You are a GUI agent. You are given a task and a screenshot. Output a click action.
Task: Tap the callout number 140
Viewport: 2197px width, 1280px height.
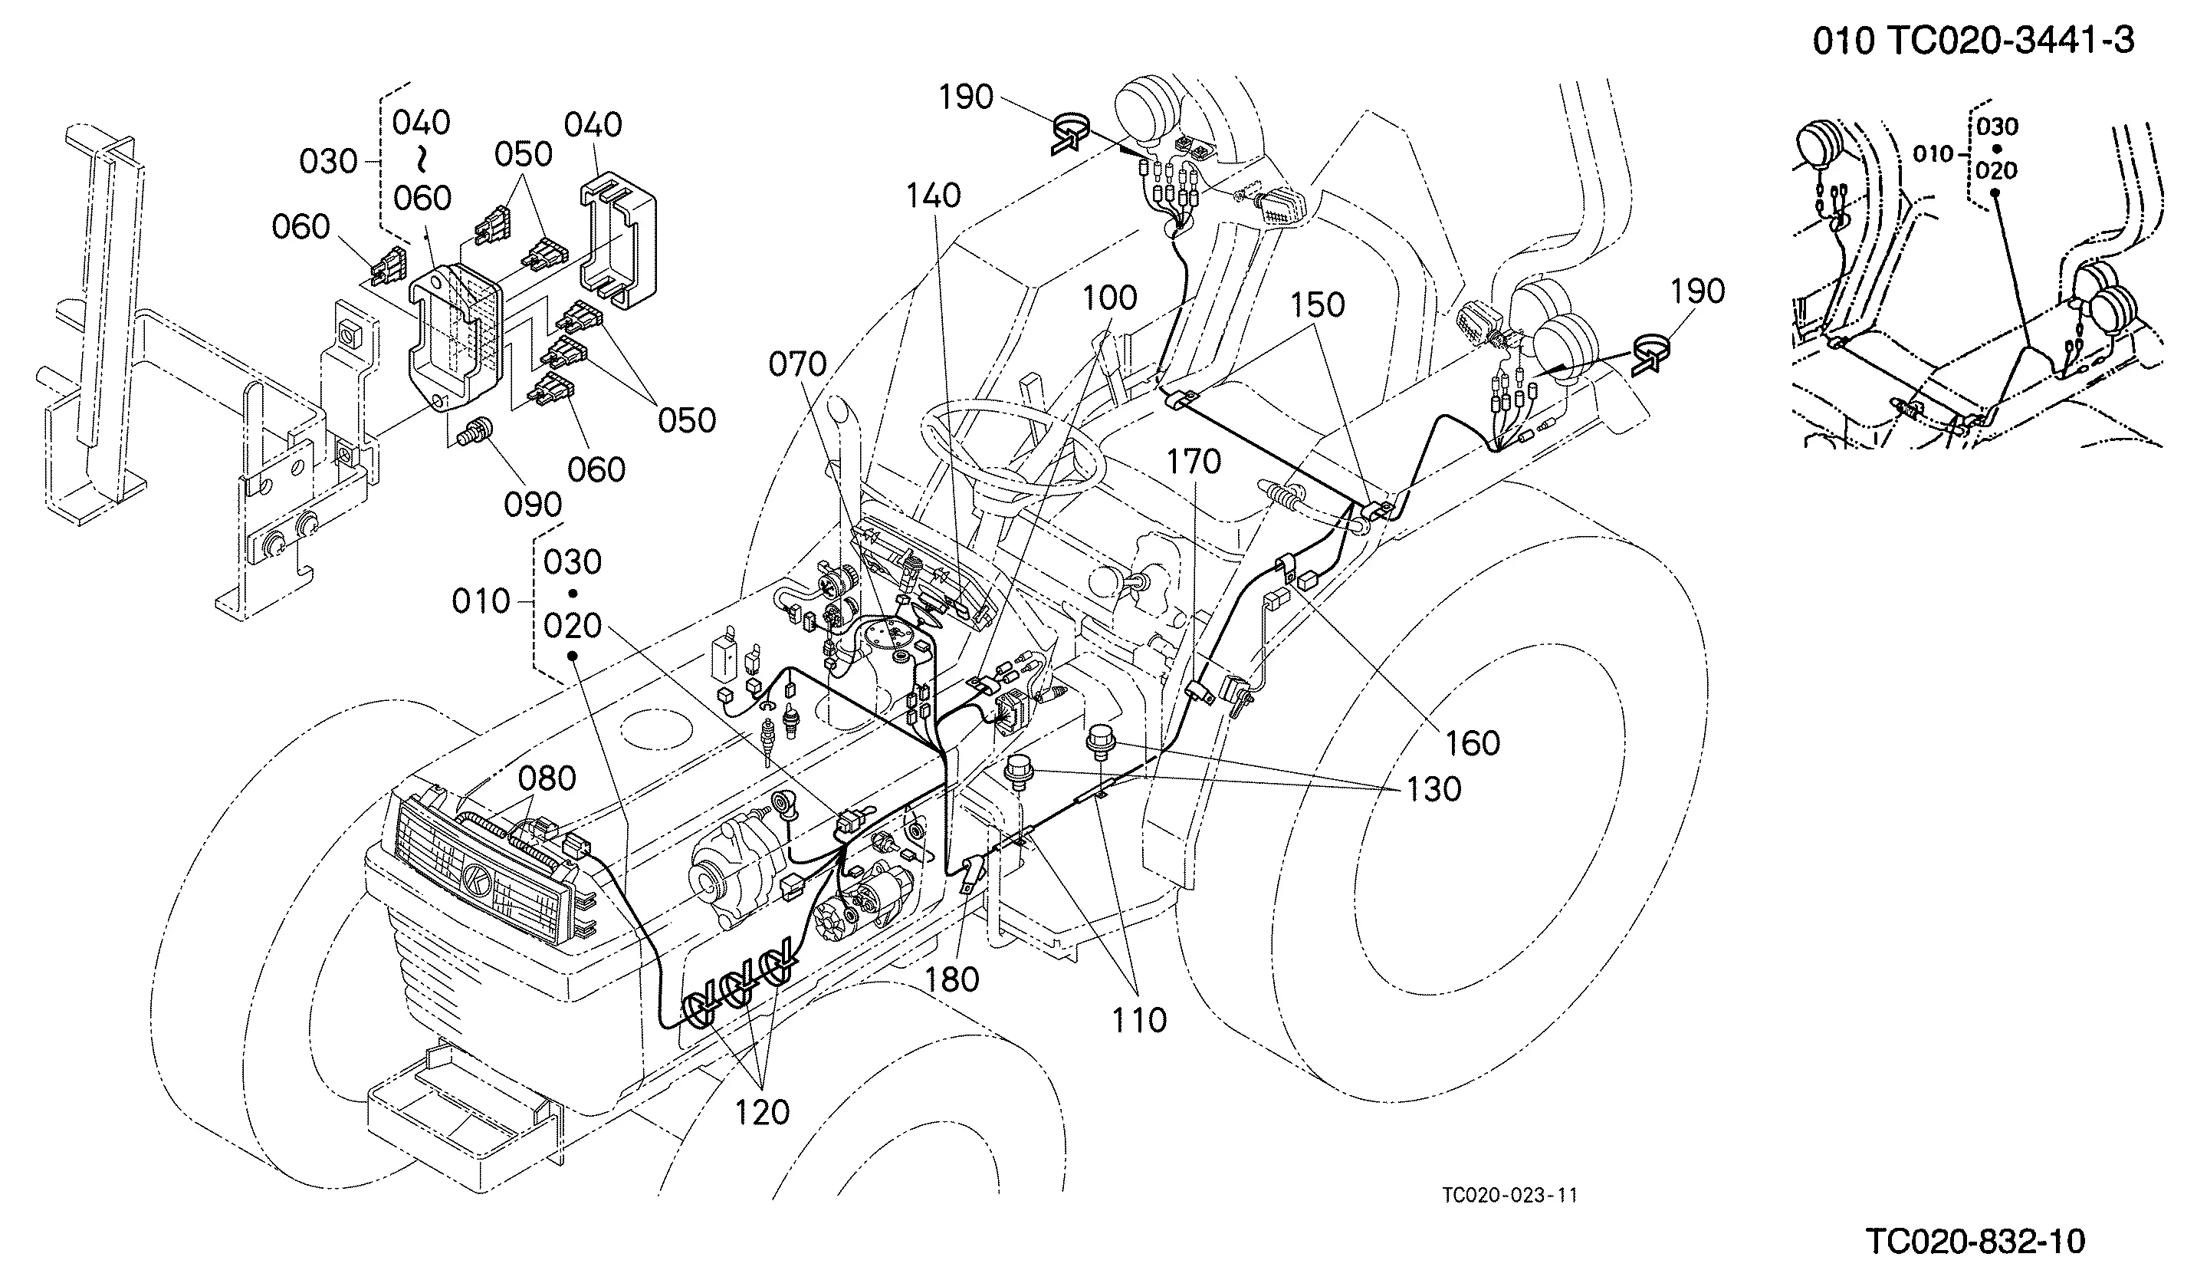tap(933, 196)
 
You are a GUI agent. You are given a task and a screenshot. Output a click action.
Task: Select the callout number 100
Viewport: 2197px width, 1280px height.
tap(1110, 298)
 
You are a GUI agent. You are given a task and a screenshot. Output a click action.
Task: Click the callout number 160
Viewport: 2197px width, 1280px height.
tap(1473, 743)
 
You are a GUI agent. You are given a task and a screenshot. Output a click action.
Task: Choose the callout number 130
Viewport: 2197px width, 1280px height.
tap(1433, 789)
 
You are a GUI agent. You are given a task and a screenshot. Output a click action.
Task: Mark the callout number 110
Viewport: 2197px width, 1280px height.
tap(1138, 1019)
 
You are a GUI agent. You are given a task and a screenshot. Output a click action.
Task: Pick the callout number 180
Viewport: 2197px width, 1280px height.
tap(951, 979)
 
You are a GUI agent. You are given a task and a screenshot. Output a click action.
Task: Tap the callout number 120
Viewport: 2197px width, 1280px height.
tap(762, 1113)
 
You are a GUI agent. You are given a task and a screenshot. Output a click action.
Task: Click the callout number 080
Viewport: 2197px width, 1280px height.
tap(547, 778)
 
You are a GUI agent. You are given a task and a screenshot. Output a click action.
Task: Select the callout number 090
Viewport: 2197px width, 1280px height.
tap(534, 505)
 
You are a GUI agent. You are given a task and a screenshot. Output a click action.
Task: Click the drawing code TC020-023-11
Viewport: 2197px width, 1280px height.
tap(1510, 1195)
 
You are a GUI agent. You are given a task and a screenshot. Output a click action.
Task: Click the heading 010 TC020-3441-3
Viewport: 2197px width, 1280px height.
tap(1974, 41)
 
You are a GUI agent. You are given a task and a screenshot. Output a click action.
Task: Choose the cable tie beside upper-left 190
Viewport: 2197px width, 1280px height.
tap(1069, 133)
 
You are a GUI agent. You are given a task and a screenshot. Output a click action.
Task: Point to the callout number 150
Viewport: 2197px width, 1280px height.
tap(1317, 305)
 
